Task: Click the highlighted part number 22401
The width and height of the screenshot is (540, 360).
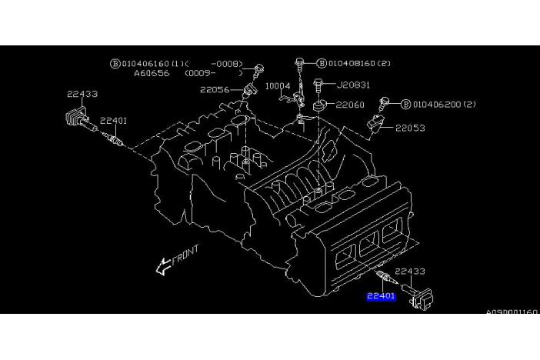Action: [x=382, y=295]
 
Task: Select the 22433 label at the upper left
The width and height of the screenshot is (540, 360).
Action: [x=82, y=94]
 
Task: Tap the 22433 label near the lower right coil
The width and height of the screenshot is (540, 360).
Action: [x=409, y=272]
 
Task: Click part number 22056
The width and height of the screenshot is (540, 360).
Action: [x=215, y=90]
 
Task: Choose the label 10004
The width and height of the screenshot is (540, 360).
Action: [x=278, y=87]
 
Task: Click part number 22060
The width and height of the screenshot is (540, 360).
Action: [x=350, y=105]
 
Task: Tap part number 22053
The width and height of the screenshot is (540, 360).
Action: [x=410, y=128]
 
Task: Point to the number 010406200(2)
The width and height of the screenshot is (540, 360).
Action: [x=445, y=104]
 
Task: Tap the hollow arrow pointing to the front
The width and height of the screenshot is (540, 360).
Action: [x=163, y=266]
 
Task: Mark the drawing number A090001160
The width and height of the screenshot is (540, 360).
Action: [x=512, y=312]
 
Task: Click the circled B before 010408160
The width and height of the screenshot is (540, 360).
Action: [x=322, y=63]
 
